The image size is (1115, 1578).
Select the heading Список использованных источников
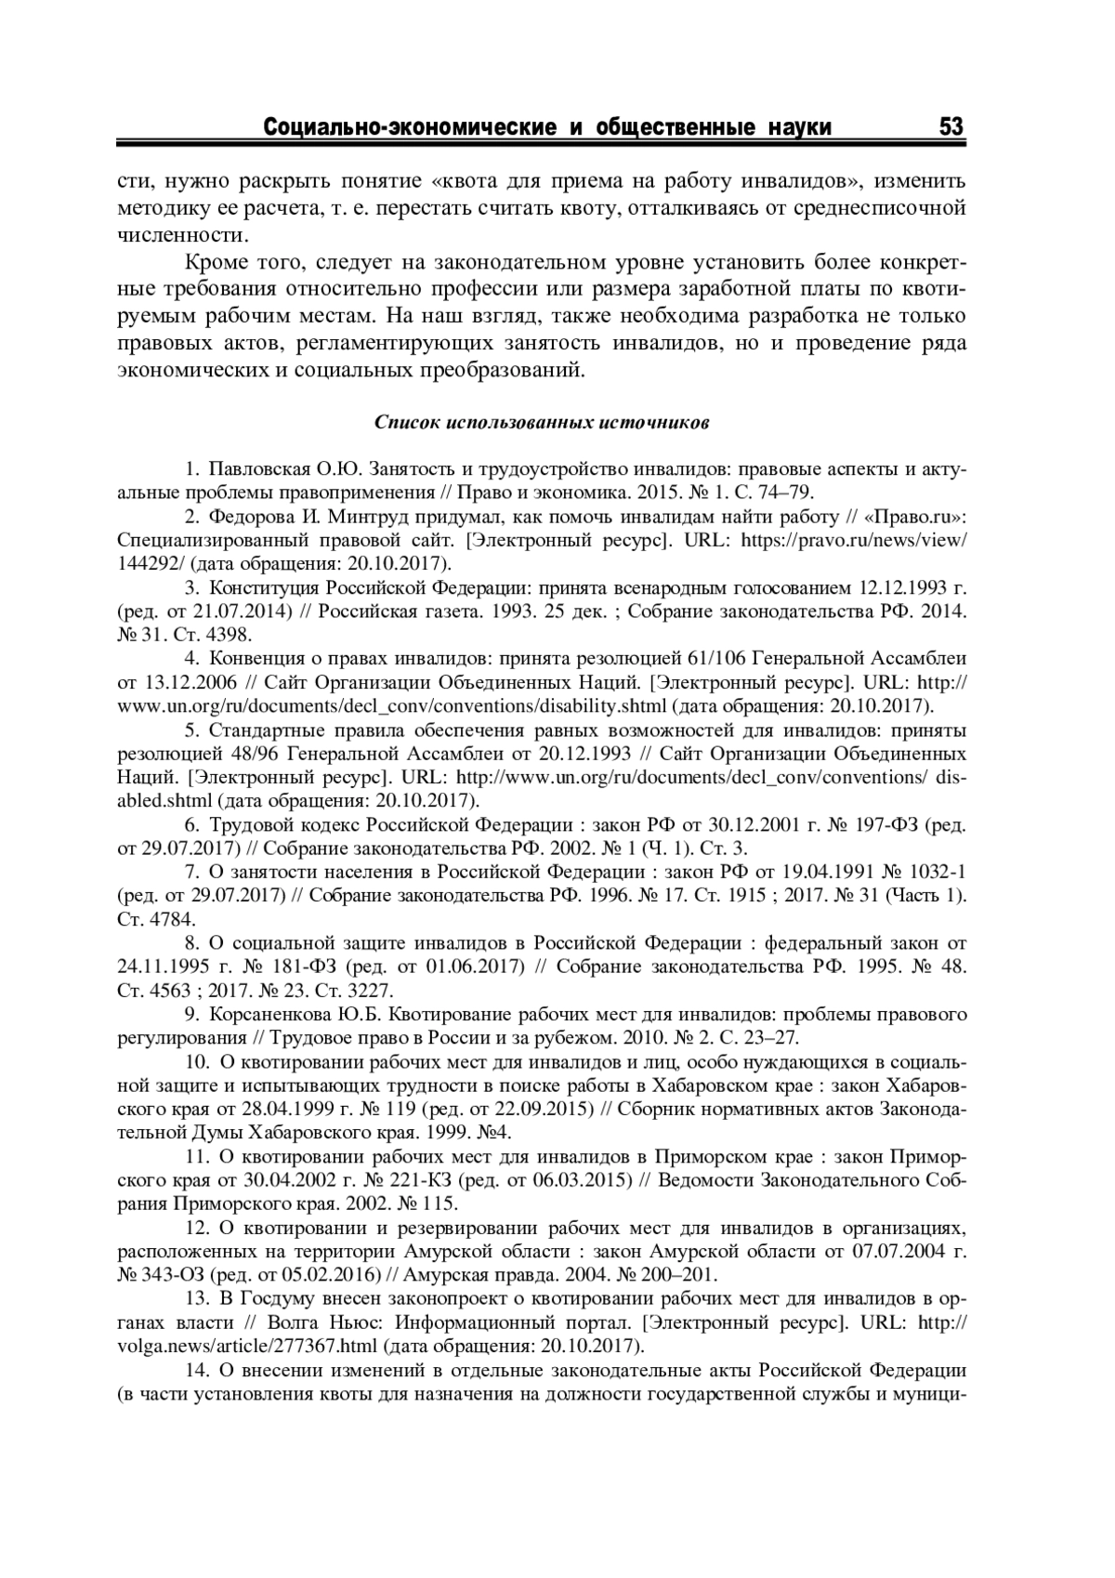[543, 423]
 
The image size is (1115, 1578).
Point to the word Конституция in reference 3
[265, 588]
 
